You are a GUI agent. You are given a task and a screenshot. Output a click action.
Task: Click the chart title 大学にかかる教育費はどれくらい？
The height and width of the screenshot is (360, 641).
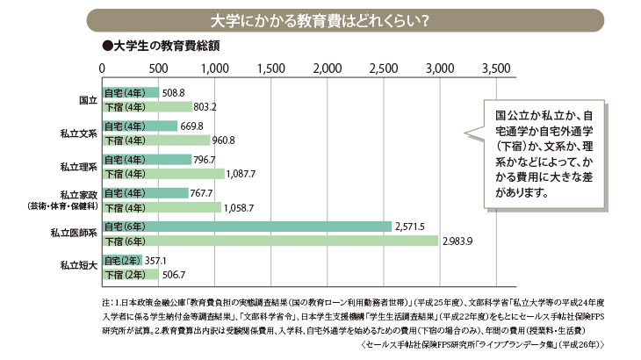coord(320,19)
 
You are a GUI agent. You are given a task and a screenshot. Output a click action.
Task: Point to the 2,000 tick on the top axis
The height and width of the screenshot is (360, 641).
coord(327,68)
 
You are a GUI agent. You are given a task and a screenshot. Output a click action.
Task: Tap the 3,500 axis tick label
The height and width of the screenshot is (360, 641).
coord(495,68)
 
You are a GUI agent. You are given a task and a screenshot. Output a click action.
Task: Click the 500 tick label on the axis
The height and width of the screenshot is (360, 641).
coord(159,68)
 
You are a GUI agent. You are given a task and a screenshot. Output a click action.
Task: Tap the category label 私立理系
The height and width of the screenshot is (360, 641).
coord(78,166)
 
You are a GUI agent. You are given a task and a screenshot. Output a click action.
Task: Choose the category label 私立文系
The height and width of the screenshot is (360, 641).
coord(78,133)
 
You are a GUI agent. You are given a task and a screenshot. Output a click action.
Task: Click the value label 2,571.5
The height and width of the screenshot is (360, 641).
coord(410,226)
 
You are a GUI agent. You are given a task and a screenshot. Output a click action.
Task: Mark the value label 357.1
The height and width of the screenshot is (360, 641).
coord(156,260)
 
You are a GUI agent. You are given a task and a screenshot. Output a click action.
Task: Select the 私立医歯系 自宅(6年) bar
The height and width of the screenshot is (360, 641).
coord(247,226)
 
